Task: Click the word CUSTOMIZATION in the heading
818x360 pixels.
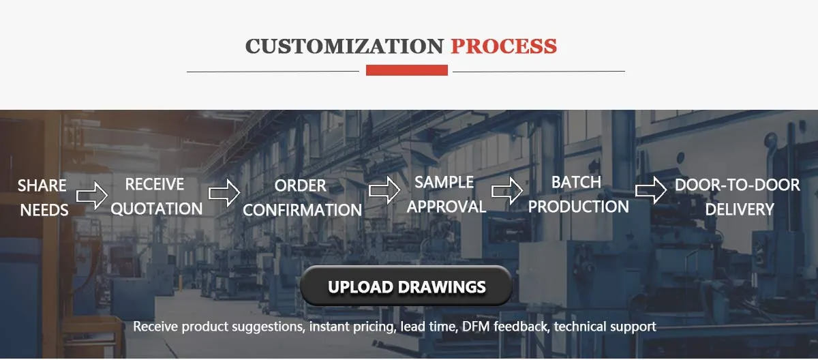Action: click(344, 46)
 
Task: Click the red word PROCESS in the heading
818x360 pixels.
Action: click(504, 46)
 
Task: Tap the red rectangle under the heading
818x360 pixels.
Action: click(407, 70)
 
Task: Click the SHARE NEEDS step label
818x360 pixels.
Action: click(42, 198)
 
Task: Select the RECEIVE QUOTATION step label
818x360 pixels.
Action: click(156, 196)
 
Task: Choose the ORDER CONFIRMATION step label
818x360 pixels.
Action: click(301, 198)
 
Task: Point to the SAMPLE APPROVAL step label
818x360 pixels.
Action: click(445, 194)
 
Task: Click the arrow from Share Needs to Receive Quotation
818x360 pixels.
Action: click(91, 196)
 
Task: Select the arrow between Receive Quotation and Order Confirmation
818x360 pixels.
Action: click(224, 193)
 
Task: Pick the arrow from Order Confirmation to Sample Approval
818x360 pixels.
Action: click(384, 190)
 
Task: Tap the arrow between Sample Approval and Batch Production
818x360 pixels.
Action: click(507, 190)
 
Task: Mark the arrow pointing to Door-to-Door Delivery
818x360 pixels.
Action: click(650, 190)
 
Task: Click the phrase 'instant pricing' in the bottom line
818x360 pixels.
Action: click(352, 327)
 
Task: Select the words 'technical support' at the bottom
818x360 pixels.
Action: click(605, 327)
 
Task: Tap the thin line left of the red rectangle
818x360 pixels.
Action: click(273, 71)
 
